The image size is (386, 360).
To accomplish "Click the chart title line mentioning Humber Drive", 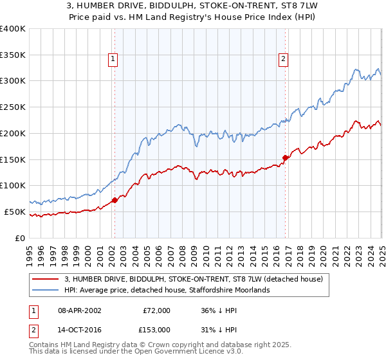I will pyautogui.click(x=192, y=7).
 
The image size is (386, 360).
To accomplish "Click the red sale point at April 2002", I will pyautogui.click(x=115, y=200).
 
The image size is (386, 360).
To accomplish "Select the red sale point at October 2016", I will pyautogui.click(x=285, y=157).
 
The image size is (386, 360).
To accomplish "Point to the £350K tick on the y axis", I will pyautogui.click(x=13, y=55).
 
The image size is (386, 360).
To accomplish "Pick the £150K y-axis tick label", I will pyautogui.click(x=13, y=159).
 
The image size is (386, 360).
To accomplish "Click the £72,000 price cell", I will pyautogui.click(x=156, y=310).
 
